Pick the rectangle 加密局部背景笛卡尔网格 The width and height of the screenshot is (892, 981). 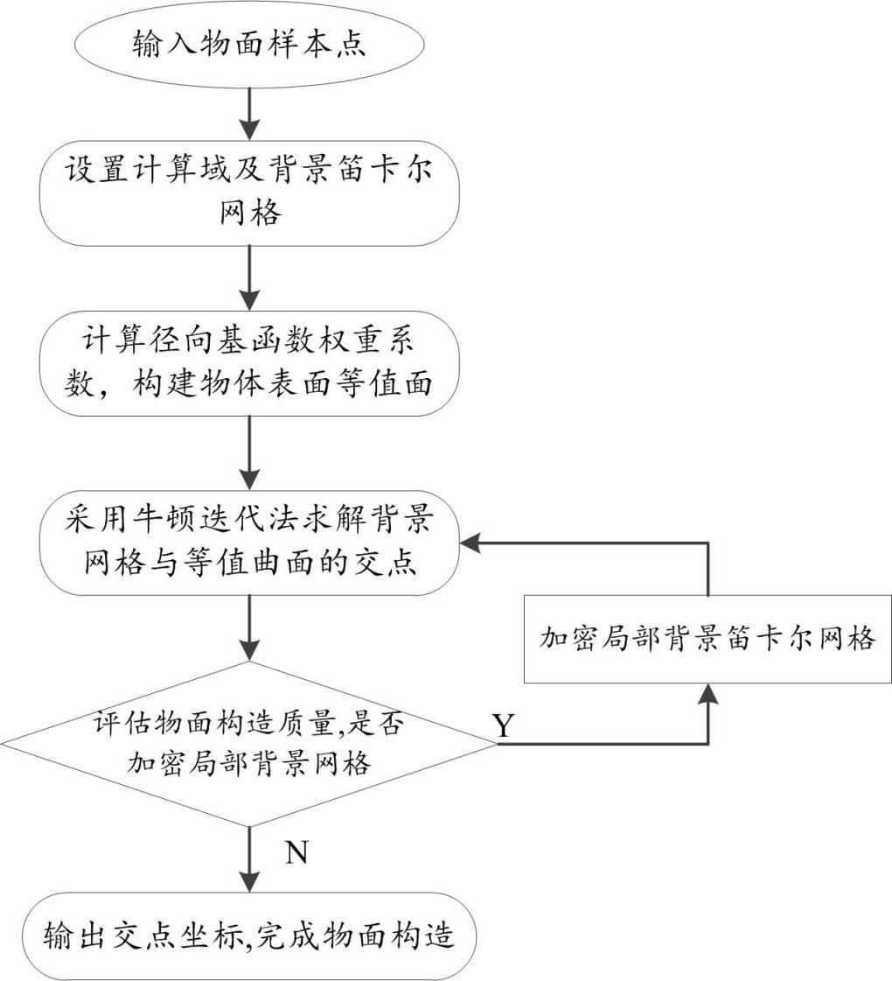tap(707, 638)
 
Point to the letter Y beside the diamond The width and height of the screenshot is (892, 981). tap(503, 725)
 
